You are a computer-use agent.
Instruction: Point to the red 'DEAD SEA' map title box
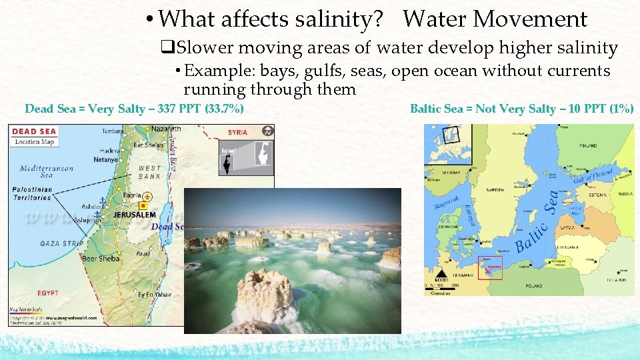click(x=34, y=131)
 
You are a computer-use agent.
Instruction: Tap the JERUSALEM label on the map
click(x=135, y=215)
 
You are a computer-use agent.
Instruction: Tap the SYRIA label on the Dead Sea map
click(x=237, y=133)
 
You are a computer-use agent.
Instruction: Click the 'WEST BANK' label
click(x=149, y=172)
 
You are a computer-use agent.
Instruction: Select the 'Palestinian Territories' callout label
click(x=32, y=193)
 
